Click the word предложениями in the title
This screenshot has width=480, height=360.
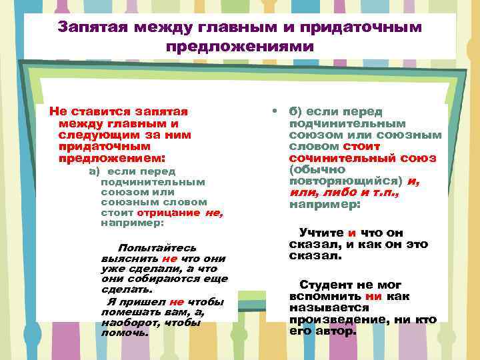239,47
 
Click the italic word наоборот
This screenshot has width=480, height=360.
130,322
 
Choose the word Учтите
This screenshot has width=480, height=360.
321,233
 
